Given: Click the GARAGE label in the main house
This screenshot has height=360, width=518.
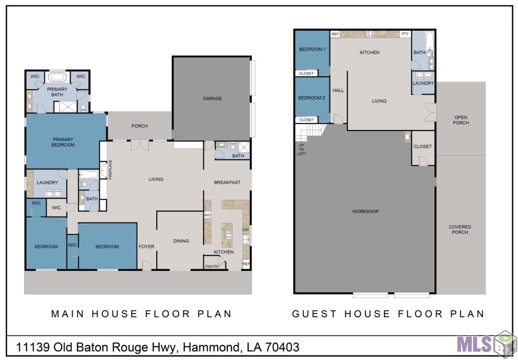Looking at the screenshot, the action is click(212, 98).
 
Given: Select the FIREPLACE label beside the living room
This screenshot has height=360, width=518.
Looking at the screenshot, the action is click(110, 169).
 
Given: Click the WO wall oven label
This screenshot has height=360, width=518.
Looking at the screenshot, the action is click(207, 215).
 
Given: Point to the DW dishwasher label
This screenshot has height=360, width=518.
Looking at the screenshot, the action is click(246, 230).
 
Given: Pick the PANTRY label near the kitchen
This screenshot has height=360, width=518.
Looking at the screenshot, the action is click(212, 266).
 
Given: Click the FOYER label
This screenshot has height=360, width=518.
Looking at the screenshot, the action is click(146, 247).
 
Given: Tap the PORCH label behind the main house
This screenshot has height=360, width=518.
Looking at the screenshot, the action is click(139, 126).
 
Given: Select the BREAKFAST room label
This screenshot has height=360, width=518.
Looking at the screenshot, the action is click(227, 182).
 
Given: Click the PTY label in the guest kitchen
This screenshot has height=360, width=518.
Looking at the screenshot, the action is click(405, 34).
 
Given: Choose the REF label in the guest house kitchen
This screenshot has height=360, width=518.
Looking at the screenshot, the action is click(335, 34).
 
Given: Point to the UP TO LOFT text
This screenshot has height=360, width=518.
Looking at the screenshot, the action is click(301, 150).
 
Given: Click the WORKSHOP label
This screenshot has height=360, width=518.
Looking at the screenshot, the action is click(366, 212).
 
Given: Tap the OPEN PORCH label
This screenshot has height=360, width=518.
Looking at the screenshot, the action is click(461, 120).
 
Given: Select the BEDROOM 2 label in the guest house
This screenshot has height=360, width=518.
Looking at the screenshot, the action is click(312, 98).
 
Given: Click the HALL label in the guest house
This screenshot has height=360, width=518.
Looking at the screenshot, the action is click(338, 90).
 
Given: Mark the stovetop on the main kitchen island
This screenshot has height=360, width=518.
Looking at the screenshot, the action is click(228, 235).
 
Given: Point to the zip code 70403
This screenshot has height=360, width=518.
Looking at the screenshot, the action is click(282, 347).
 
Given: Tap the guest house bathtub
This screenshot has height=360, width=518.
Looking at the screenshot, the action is click(430, 41).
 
